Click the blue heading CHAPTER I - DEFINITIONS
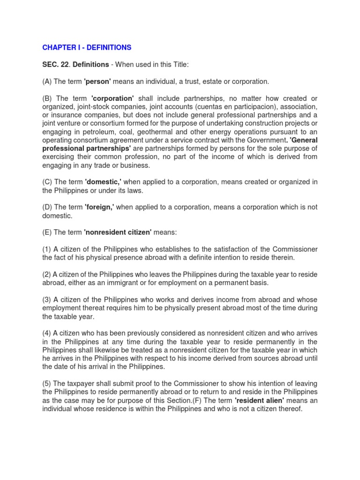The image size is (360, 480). pyautogui.click(x=87, y=48)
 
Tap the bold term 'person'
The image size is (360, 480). pyautogui.click(x=97, y=82)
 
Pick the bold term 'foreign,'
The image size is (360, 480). pyautogui.click(x=99, y=207)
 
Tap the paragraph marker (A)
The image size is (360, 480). pyautogui.click(x=47, y=82)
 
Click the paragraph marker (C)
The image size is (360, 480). pyautogui.click(x=47, y=182)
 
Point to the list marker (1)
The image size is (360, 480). pyautogui.click(x=46, y=249)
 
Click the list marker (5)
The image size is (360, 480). pyautogui.click(x=46, y=383)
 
